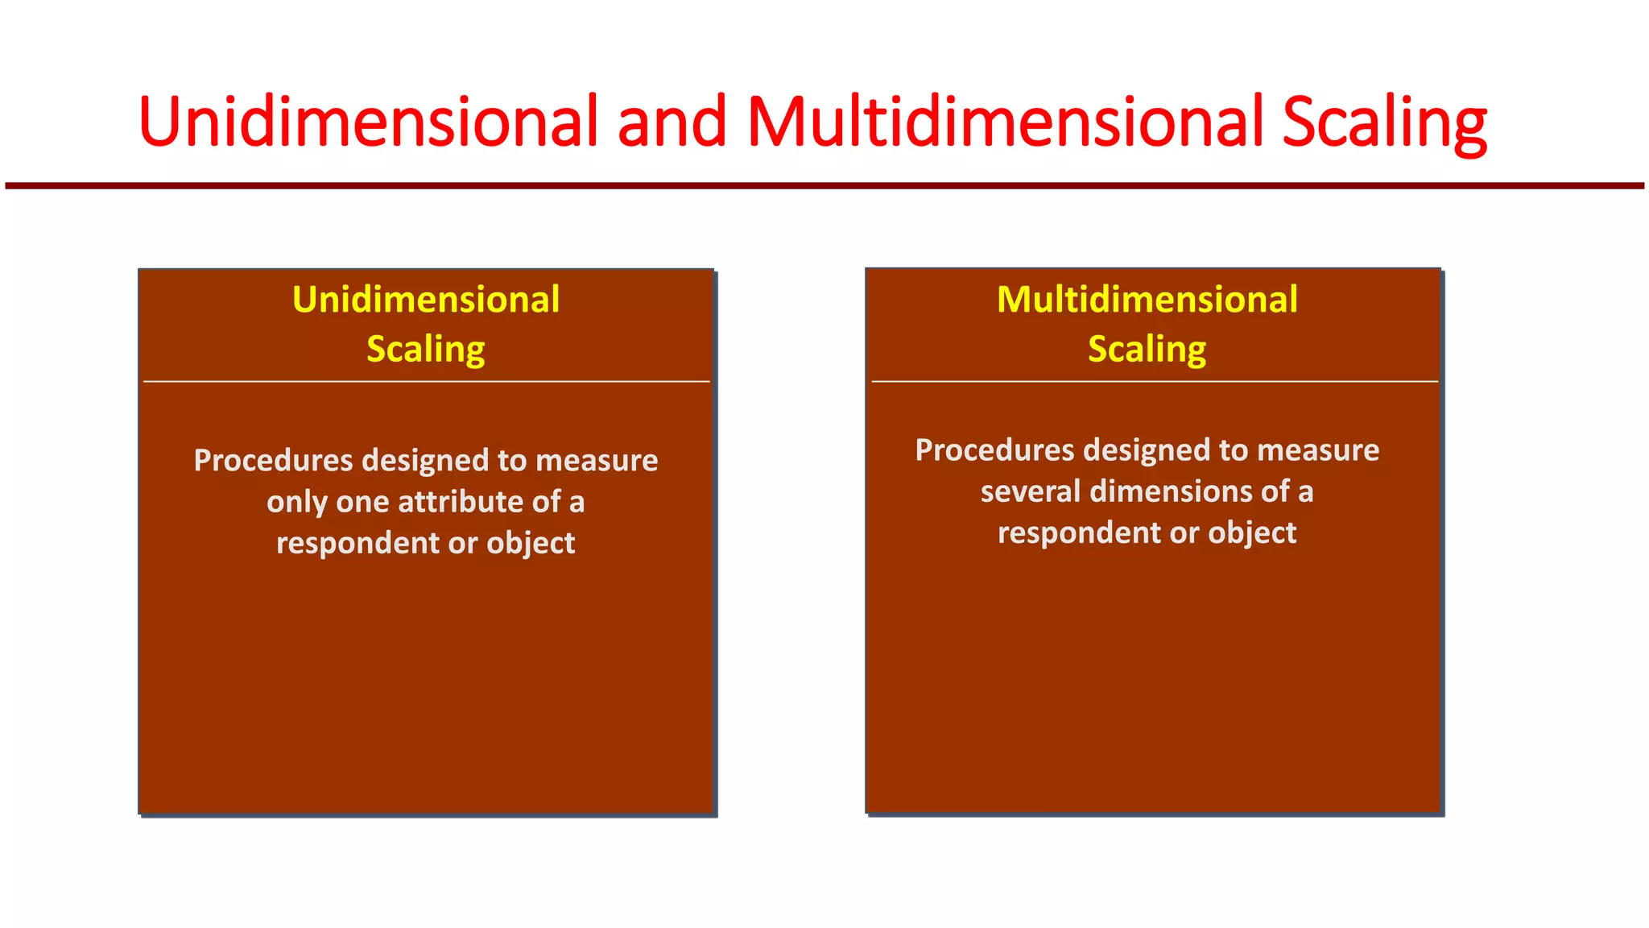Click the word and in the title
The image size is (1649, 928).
tap(672, 122)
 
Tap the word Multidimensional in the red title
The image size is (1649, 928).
tap(1005, 122)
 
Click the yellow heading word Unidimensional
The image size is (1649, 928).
tap(426, 300)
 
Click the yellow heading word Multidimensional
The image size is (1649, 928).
tap(1147, 300)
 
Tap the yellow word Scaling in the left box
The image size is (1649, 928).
tap(426, 350)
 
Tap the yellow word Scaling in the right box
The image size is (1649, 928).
tap(1147, 350)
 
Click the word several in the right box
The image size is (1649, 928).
tap(1030, 491)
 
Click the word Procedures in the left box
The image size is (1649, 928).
tap(273, 461)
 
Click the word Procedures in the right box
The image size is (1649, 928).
tap(994, 450)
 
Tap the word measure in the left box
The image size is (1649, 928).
tap(597, 461)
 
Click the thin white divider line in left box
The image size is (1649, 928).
tap(426, 381)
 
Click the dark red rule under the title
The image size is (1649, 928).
tap(824, 186)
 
